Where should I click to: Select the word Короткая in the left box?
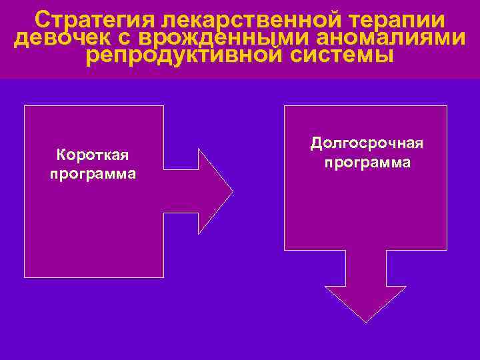point(93,155)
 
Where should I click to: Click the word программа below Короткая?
point(93,174)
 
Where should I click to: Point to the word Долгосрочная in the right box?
point(367,143)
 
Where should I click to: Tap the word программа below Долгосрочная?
point(367,162)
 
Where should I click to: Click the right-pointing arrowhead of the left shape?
point(213,191)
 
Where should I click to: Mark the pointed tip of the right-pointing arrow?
point(232,191)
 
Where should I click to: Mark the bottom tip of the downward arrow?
point(365,322)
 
